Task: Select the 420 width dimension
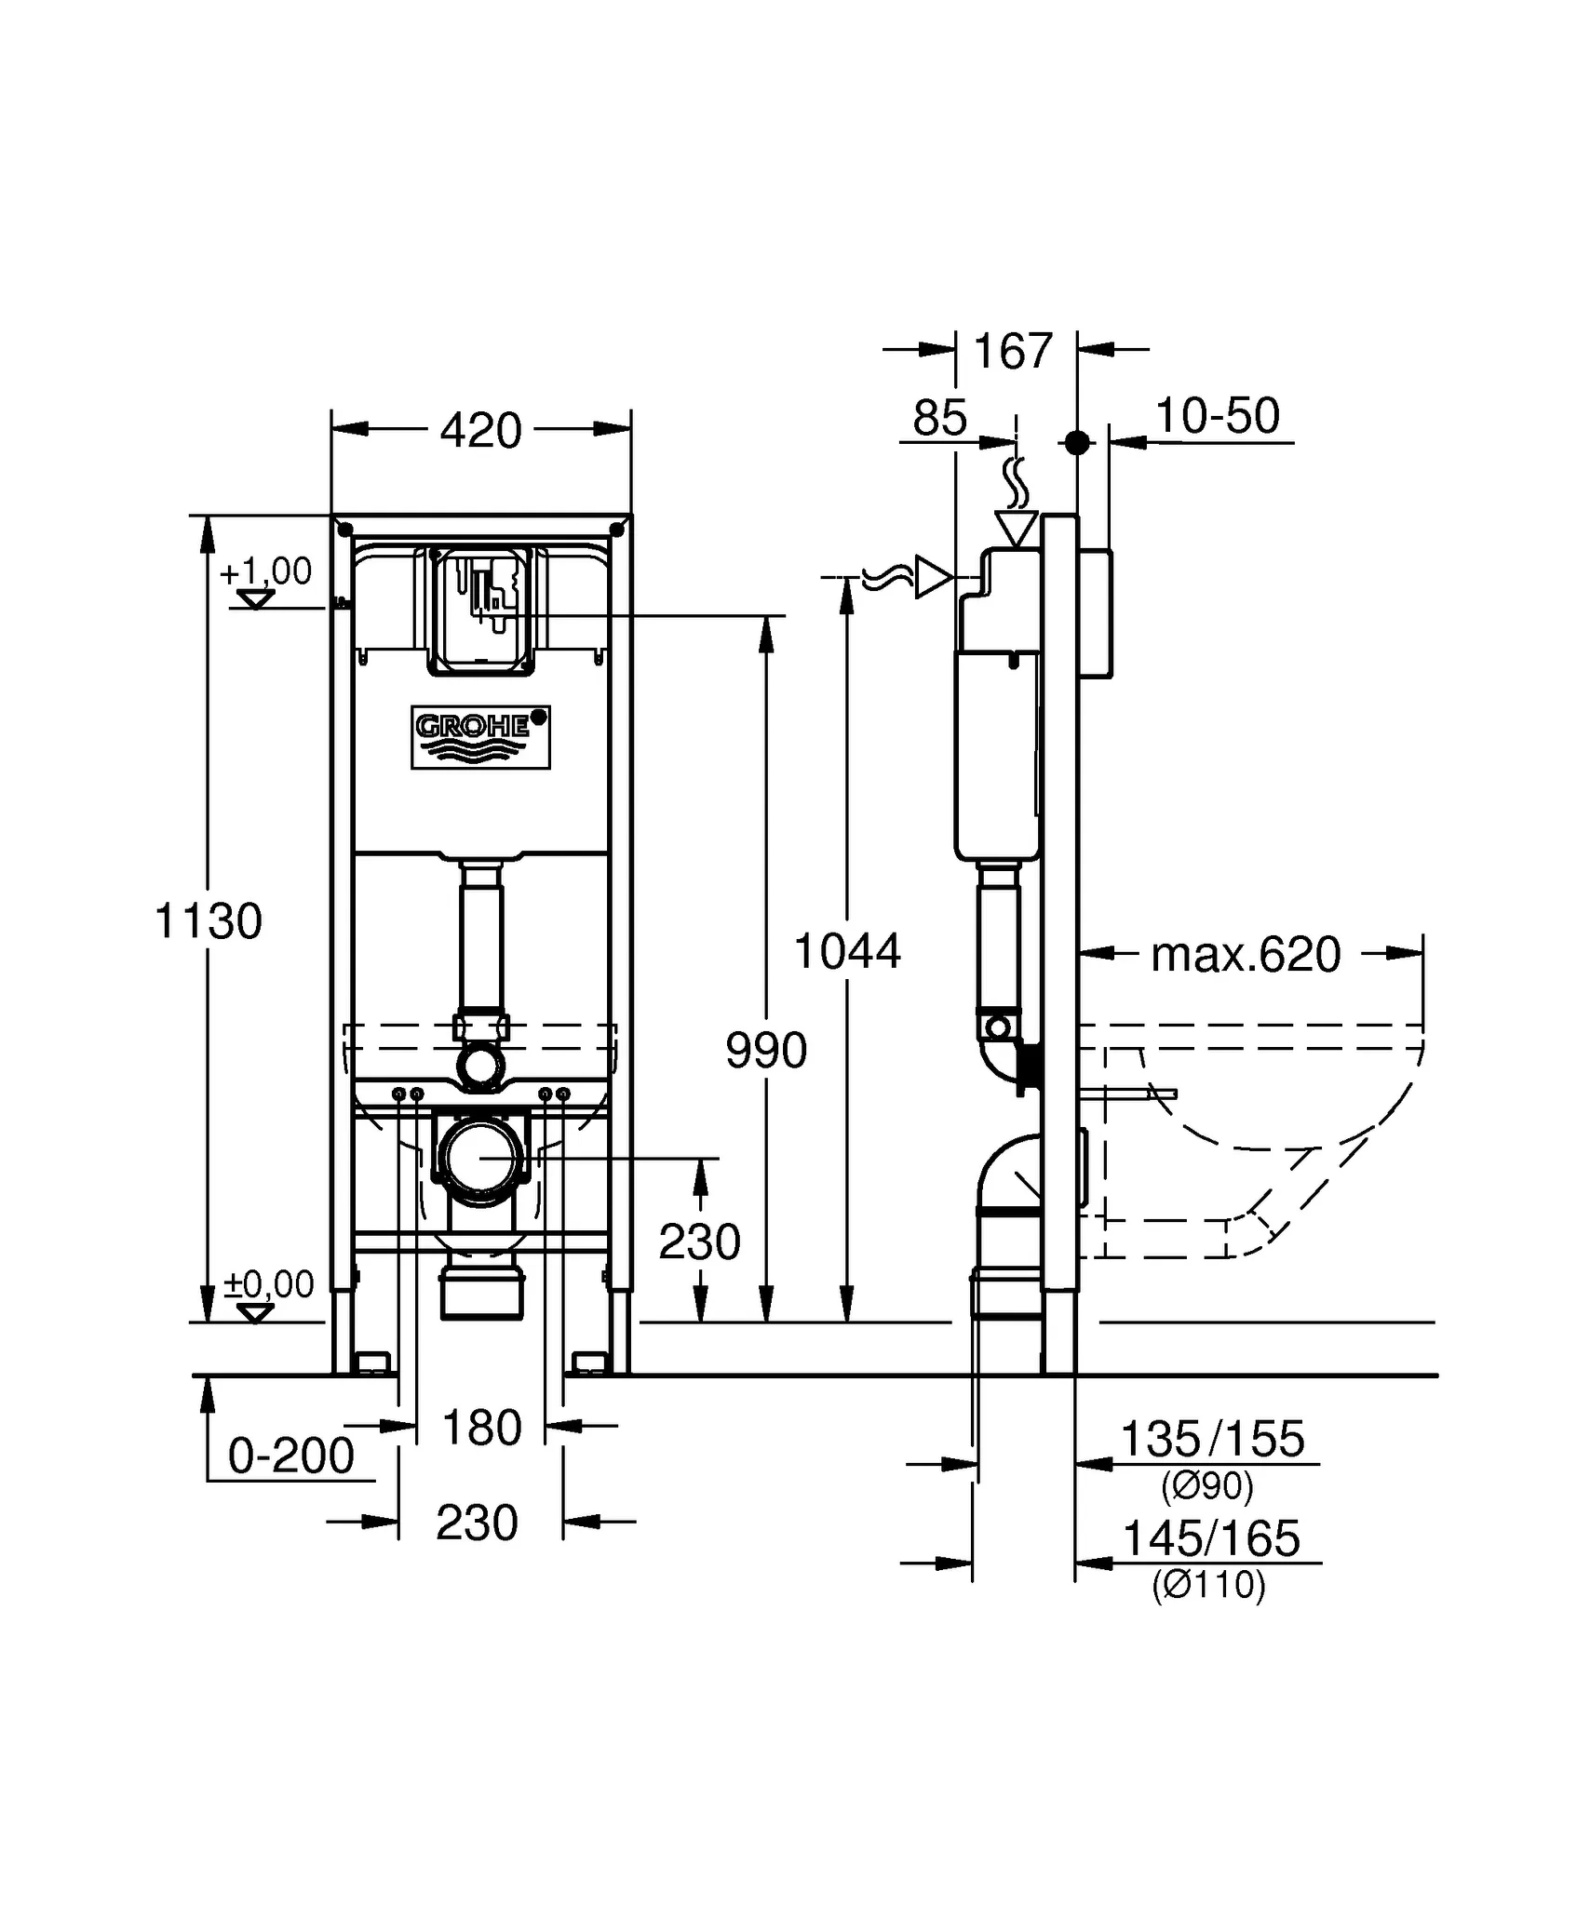pyautogui.click(x=480, y=430)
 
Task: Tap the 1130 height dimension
pyautogui.click(x=209, y=921)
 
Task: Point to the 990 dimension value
pyautogui.click(x=766, y=1051)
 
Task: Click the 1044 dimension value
pyautogui.click(x=847, y=951)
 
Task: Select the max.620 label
pyautogui.click(x=1246, y=954)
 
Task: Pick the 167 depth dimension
pyautogui.click(x=1013, y=351)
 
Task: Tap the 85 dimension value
pyautogui.click(x=939, y=418)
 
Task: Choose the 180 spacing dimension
pyautogui.click(x=481, y=1427)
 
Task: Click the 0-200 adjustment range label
pyautogui.click(x=291, y=1456)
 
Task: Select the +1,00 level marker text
pyautogui.click(x=266, y=571)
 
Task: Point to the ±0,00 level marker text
pyautogui.click(x=269, y=1284)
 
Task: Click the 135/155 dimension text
pyautogui.click(x=1212, y=1439)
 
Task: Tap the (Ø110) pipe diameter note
pyautogui.click(x=1208, y=1584)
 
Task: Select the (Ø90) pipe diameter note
pyautogui.click(x=1207, y=1486)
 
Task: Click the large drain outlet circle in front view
pyautogui.click(x=480, y=1159)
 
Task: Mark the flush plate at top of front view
pyautogui.click(x=481, y=610)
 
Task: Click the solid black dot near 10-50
pyautogui.click(x=1077, y=443)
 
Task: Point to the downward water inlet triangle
pyautogui.click(x=1016, y=528)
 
